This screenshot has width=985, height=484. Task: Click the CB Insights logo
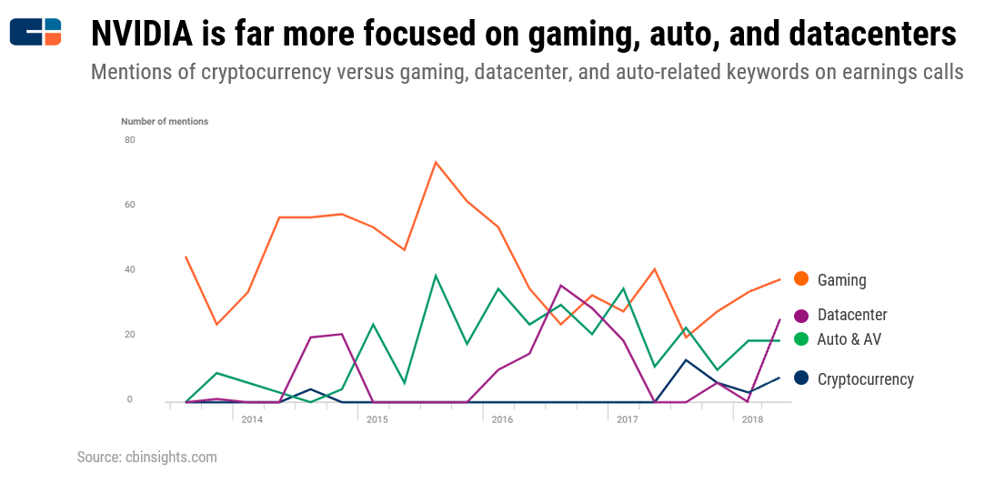(35, 32)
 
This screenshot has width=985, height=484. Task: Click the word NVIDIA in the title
(141, 35)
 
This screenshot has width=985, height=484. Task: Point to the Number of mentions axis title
(165, 121)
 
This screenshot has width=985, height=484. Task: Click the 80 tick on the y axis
(130, 140)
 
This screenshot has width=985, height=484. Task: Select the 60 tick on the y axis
(130, 205)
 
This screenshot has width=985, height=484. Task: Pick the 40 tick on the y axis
(130, 270)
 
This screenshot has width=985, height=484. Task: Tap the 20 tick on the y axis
(130, 335)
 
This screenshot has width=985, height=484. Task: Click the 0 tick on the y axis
(130, 400)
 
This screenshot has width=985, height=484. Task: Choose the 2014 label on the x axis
(252, 419)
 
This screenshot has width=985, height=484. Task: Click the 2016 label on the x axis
(502, 419)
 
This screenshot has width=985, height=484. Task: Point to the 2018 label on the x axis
(752, 419)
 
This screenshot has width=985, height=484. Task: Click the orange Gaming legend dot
(801, 279)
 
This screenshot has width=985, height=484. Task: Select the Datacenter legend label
(852, 315)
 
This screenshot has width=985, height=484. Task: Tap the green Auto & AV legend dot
(801, 339)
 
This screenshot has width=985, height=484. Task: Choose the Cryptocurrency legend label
(865, 379)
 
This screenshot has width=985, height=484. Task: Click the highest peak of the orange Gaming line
(436, 162)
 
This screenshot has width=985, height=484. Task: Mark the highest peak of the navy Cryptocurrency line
(686, 360)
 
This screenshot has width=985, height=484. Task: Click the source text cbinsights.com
(172, 457)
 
